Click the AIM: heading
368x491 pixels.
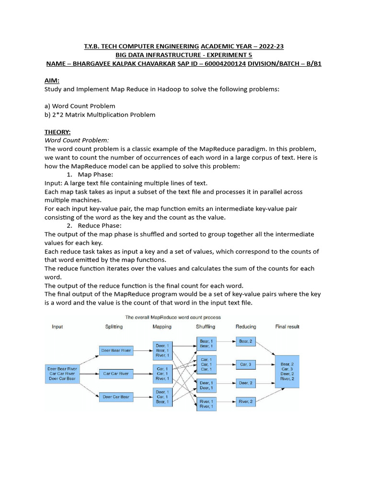pos(52,81)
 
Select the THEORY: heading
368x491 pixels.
pos(57,131)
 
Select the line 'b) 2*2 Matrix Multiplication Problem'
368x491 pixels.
pos(100,115)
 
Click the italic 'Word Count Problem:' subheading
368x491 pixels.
pos(77,140)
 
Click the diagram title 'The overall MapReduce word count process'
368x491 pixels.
pos(173,317)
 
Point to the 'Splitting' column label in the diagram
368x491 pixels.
pos(114,327)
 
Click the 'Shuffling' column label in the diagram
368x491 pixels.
pos(206,327)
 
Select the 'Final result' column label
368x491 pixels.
pos(287,327)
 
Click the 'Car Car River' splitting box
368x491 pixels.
pos(115,373)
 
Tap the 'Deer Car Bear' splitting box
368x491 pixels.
pos(115,397)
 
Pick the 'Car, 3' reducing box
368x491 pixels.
pos(246,364)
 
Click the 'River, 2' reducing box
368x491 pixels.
pos(246,401)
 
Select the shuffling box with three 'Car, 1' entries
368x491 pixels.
pos(206,364)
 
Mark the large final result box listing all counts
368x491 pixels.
pos(287,372)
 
